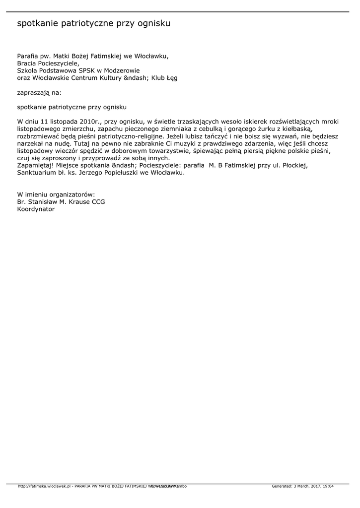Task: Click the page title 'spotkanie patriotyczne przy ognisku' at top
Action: pyautogui.click(x=94, y=23)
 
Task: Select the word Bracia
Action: pyautogui.click(x=27, y=63)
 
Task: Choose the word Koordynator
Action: pyautogui.click(x=36, y=209)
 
